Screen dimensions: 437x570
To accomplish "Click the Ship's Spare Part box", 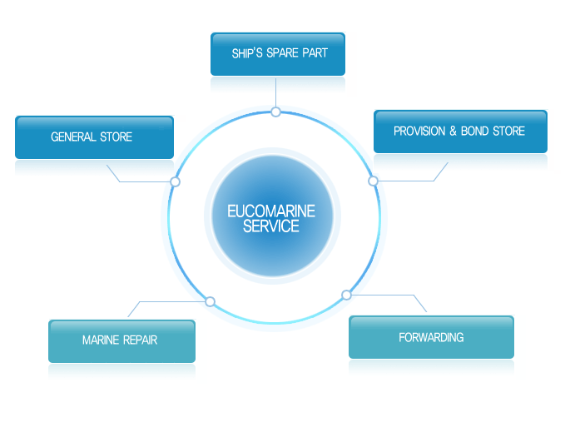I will pyautogui.click(x=278, y=53).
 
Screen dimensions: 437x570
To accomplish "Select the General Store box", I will pyautogui.click(x=94, y=137).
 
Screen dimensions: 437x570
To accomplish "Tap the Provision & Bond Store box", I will pyautogui.click(x=459, y=131).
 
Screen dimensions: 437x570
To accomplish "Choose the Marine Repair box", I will pyautogui.click(x=121, y=340).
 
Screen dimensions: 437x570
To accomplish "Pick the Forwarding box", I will pyautogui.click(x=431, y=337).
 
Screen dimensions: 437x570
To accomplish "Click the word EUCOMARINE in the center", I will pyautogui.click(x=271, y=211).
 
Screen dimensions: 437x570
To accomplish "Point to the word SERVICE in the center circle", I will pyautogui.click(x=271, y=226).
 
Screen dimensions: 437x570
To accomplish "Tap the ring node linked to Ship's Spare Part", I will pyautogui.click(x=275, y=112).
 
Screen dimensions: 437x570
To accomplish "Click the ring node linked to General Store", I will pyautogui.click(x=175, y=181).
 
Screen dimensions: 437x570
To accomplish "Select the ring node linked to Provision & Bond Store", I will pyautogui.click(x=373, y=181).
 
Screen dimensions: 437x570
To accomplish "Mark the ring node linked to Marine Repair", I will pyautogui.click(x=210, y=301).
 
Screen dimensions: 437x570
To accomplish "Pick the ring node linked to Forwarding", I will pyautogui.click(x=346, y=295).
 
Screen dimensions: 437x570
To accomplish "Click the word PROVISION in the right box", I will pyautogui.click(x=420, y=131).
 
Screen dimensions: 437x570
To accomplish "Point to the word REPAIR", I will pyautogui.click(x=141, y=340).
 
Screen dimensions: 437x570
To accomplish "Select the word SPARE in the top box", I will pyautogui.click(x=285, y=53).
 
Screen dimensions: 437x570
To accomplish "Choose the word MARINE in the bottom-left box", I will pyautogui.click(x=102, y=340).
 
